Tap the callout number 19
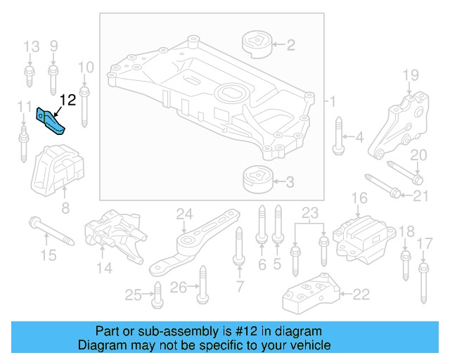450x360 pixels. point(410,75)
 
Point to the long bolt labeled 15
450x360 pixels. point(52,231)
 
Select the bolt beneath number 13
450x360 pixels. point(31,77)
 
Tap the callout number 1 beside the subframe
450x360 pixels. point(333,101)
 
